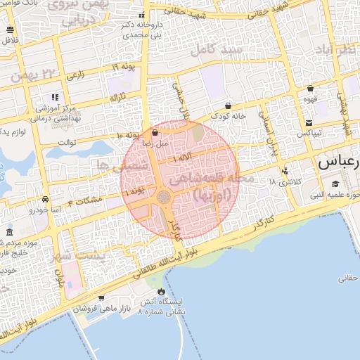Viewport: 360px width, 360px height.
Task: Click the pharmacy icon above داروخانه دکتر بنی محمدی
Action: click(x=142, y=15)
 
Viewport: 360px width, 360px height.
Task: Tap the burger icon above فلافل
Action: click(x=10, y=30)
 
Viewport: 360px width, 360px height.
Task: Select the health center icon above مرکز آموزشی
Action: click(x=54, y=98)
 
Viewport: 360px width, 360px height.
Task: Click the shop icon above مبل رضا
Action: click(x=155, y=132)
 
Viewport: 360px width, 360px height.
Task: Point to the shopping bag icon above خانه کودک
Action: click(x=229, y=105)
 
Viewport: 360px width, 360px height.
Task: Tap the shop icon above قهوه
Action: click(x=310, y=89)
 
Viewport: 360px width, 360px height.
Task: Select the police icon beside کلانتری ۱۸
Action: click(x=285, y=171)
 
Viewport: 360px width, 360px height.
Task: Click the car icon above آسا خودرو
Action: click(x=46, y=199)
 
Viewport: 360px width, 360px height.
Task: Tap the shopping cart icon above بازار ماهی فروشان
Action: click(x=102, y=298)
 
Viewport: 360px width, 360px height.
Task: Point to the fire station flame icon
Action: click(x=162, y=291)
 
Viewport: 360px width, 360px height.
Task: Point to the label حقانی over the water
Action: click(x=349, y=278)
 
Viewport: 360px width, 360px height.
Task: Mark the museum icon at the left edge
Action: click(x=9, y=232)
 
